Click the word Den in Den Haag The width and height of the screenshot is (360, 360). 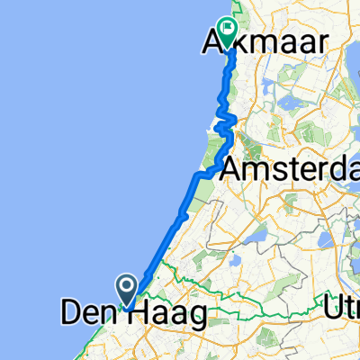(x=86, y=314)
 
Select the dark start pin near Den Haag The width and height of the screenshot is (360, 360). (x=127, y=290)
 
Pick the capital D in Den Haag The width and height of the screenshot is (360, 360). (x=70, y=314)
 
